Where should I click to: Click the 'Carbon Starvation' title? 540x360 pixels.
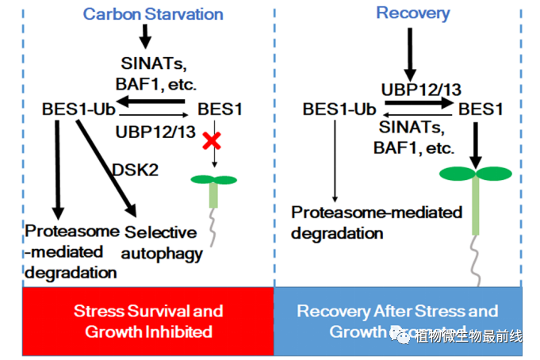point(153,14)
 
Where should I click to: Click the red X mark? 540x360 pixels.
point(211,141)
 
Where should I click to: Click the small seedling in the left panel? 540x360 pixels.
point(213,189)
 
